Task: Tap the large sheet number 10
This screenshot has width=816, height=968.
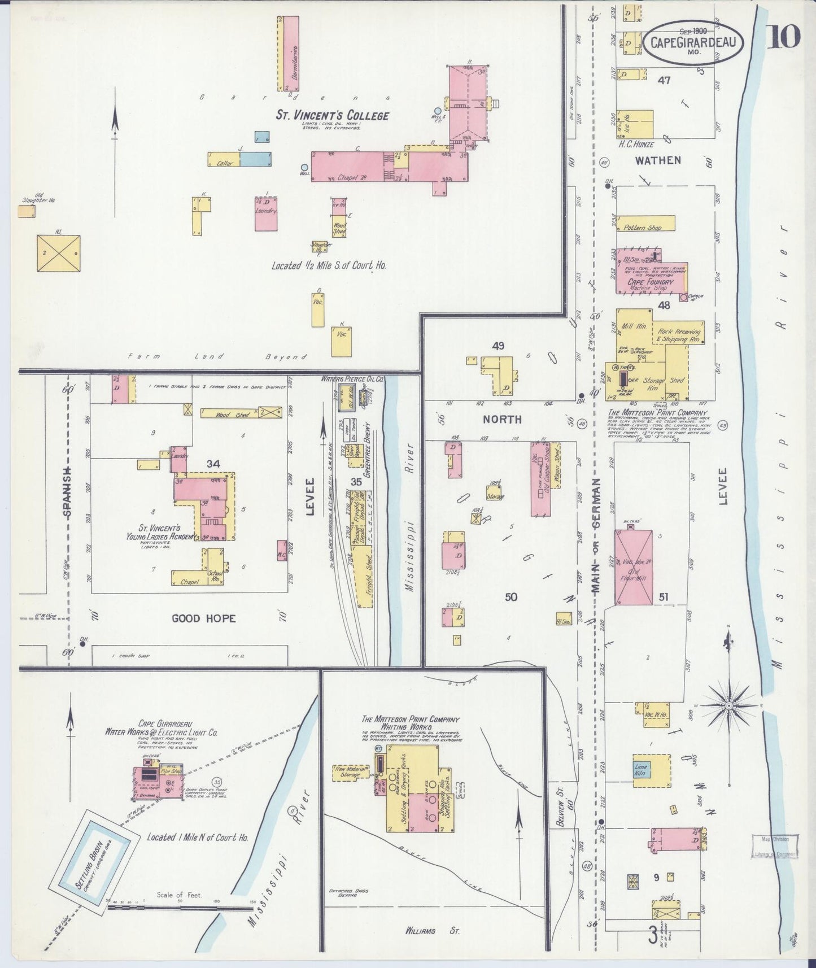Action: point(783,37)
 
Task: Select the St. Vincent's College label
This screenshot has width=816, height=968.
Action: point(332,115)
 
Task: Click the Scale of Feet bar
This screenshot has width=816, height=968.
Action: point(180,909)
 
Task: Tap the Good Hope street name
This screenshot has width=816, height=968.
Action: point(203,618)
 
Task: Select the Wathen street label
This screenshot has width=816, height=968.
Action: point(658,160)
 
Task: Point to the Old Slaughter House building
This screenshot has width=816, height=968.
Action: point(26,211)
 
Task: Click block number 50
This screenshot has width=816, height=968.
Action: point(510,597)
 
